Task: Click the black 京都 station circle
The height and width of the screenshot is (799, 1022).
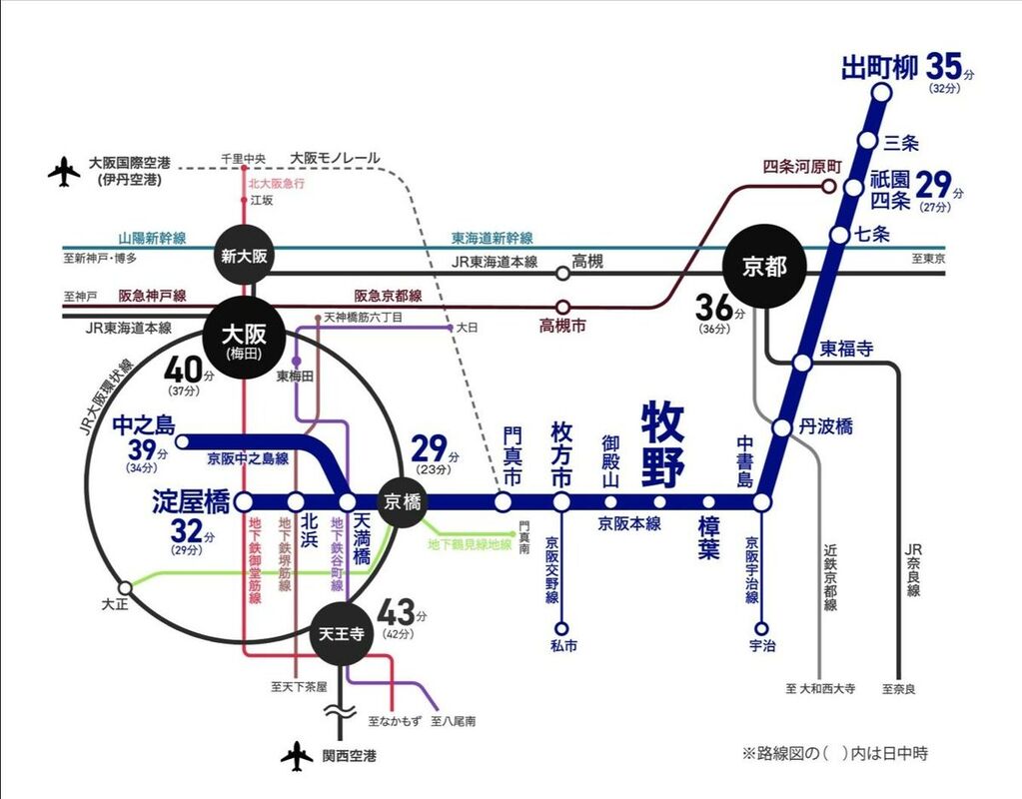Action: pos(765,267)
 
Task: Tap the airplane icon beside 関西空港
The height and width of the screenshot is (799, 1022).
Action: pos(297,757)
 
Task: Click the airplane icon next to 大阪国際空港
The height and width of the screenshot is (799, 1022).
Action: pos(64,171)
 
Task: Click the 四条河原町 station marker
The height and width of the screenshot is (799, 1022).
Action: pos(827,186)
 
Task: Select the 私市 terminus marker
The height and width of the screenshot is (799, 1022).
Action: pos(561,628)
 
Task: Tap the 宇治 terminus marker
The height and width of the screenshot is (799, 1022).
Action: pos(761,628)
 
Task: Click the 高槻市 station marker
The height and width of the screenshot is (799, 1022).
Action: pos(562,307)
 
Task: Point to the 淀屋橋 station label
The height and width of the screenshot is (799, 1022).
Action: pos(192,502)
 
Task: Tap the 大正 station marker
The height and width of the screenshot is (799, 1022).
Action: pos(125,587)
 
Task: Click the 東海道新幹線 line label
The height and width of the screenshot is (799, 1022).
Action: pos(492,239)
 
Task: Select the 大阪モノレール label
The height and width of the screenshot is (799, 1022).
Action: pos(335,158)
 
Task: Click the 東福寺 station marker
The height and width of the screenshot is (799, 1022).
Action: pos(801,363)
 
